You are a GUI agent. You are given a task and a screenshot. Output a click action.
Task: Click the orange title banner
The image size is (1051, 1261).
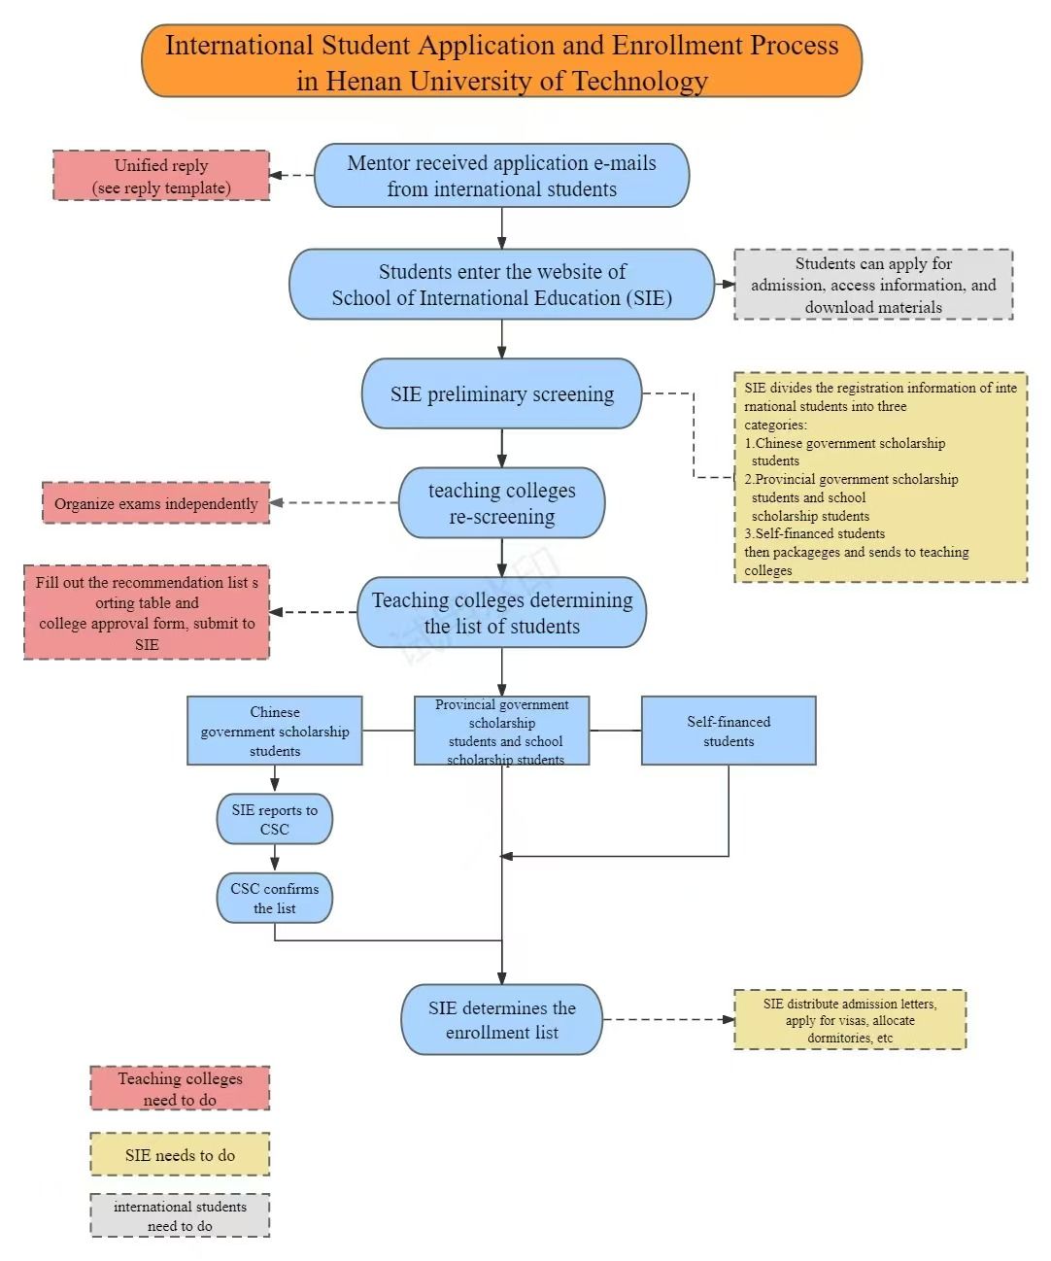(x=501, y=61)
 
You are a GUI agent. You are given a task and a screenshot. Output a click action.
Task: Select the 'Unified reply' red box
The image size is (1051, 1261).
(x=161, y=175)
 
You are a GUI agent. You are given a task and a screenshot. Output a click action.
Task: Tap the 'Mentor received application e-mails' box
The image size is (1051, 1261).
(x=501, y=175)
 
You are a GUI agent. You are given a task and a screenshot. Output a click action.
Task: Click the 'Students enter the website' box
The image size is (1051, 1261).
(x=501, y=284)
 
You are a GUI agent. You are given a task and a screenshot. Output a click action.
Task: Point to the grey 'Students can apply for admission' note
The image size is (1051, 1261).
(x=873, y=285)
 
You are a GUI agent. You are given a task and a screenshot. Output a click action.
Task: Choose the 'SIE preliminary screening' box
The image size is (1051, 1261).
(x=501, y=393)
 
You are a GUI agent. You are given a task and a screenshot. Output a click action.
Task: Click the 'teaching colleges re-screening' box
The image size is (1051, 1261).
(x=501, y=502)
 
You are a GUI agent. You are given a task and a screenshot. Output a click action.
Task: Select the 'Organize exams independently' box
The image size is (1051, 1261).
(x=155, y=502)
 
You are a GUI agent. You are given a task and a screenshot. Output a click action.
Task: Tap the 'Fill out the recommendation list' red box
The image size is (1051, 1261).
(x=147, y=612)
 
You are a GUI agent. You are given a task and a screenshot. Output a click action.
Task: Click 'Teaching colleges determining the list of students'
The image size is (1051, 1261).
(x=501, y=612)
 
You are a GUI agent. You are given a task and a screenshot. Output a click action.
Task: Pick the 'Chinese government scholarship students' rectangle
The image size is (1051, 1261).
(x=275, y=731)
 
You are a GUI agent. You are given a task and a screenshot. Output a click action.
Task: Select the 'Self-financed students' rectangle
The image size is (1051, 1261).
(x=729, y=731)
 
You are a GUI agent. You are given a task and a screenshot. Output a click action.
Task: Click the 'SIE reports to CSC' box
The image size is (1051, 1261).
(x=275, y=819)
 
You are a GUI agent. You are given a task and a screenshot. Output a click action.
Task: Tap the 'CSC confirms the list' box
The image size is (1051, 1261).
(x=275, y=898)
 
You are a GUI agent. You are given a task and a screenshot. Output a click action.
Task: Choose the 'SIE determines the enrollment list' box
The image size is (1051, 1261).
(x=501, y=1019)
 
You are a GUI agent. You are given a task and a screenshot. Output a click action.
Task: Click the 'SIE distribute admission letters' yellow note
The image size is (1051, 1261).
(x=850, y=1019)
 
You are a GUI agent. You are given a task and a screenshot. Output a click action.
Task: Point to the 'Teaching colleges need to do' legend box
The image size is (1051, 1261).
(x=180, y=1088)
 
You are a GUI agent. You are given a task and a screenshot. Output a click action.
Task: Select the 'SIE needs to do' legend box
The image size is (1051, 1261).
(x=180, y=1154)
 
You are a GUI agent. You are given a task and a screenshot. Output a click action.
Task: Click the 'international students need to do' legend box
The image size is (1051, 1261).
(x=180, y=1215)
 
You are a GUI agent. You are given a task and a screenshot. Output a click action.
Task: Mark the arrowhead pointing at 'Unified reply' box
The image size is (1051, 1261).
(x=276, y=175)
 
